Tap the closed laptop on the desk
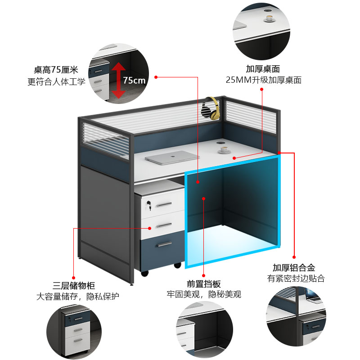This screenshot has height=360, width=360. coord(172,157)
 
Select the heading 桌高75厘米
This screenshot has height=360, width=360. coord(56,70)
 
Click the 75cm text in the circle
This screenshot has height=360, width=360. coord(134,81)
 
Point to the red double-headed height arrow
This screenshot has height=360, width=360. coord(119,80)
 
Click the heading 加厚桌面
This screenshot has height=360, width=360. coord(263,69)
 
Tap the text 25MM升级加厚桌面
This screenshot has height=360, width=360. coord(263,81)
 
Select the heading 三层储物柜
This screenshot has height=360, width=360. coord(74,285)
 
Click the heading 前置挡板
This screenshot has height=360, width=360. coord(204,284)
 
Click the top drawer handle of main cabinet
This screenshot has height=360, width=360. coord(164,205)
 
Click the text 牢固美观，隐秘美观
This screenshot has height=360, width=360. coord(204,295)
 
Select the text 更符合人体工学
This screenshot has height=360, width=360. coord(56,81)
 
